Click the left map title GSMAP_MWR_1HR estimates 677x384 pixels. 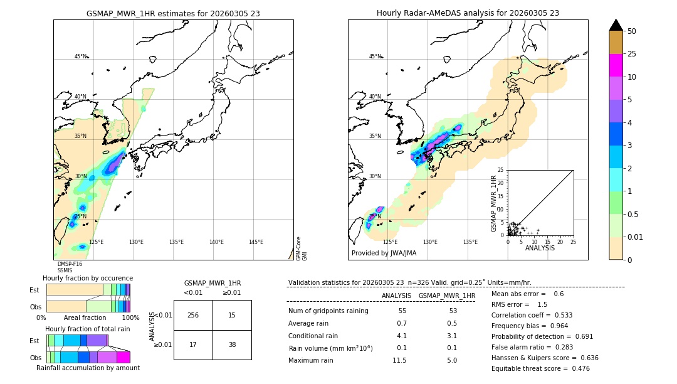[x=173, y=13]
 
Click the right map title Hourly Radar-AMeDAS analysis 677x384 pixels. [x=468, y=13]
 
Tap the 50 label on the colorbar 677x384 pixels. [x=632, y=31]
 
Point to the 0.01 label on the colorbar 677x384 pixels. [x=636, y=237]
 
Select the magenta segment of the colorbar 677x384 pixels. [x=616, y=66]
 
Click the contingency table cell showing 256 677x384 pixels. [x=193, y=315]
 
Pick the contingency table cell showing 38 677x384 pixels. [x=232, y=345]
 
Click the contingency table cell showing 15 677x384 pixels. [x=232, y=315]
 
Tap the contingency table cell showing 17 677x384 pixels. [x=193, y=345]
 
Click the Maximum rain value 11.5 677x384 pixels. [x=399, y=360]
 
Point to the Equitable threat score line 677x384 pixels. [x=540, y=368]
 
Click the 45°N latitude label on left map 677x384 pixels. [x=80, y=56]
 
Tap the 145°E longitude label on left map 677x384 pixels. [x=256, y=242]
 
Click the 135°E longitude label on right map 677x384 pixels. [x=470, y=242]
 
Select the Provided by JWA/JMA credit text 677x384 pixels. [x=384, y=253]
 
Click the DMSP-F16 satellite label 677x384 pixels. [x=70, y=264]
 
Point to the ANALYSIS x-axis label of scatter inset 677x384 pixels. [x=540, y=248]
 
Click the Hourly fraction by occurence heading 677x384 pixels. [x=88, y=278]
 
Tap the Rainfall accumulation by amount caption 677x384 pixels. [x=88, y=368]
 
